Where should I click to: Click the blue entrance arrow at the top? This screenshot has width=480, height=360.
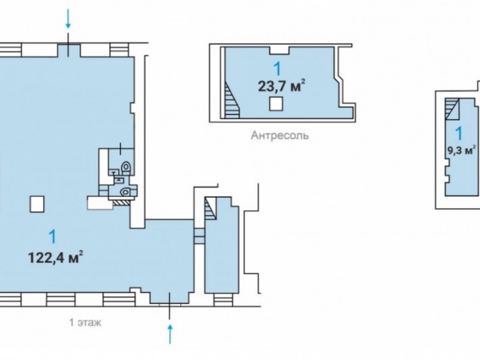point(68,18)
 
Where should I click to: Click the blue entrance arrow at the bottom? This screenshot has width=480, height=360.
point(170,334)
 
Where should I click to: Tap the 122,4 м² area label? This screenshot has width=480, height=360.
point(56,257)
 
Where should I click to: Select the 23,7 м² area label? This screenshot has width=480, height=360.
point(282,86)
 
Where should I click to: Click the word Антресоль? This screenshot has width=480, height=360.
point(280,135)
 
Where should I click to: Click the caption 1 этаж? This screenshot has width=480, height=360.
point(85,323)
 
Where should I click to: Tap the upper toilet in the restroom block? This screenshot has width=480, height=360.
point(126,168)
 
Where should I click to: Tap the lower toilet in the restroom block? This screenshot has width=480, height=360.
point(125,192)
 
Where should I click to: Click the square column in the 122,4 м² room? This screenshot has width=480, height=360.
point(37,204)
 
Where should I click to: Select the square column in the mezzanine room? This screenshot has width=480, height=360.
point(276,104)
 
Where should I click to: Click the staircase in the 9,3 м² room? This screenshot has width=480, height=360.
point(452,108)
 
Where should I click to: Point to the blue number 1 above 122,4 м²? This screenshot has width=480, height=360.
point(53,237)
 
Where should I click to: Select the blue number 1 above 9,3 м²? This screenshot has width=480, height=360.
point(458,133)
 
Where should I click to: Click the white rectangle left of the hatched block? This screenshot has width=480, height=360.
point(100,203)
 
